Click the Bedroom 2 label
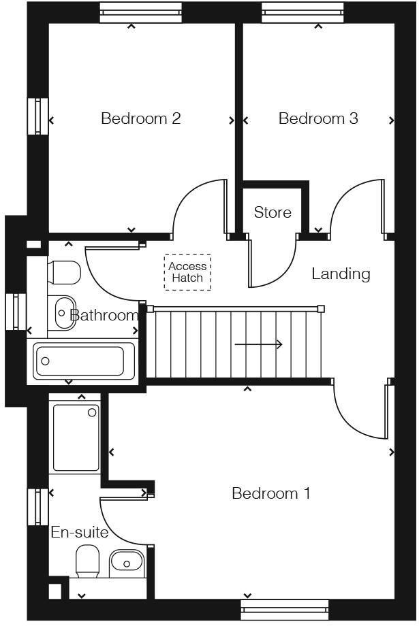140,118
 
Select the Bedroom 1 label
271,493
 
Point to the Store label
273,212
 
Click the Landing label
341,274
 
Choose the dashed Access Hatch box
187,272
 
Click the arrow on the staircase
259,345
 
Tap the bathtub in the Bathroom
84,360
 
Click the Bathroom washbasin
63,312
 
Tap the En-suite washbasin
126,562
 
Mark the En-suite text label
80,532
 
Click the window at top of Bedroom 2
140,12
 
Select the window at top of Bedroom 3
303,12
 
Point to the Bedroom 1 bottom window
285,610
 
